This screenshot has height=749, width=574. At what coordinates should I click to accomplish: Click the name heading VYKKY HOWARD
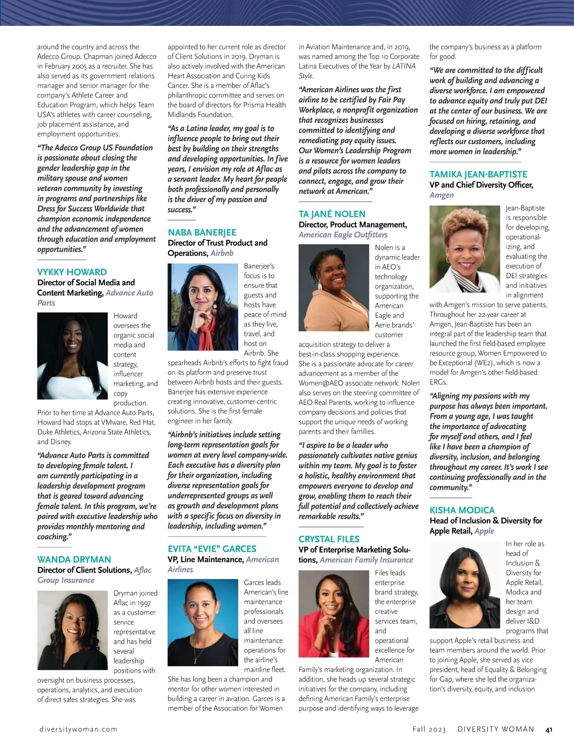click(x=72, y=272)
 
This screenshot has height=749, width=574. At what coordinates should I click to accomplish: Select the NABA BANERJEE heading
click(x=202, y=232)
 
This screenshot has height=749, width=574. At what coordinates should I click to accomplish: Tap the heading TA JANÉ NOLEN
click(x=331, y=214)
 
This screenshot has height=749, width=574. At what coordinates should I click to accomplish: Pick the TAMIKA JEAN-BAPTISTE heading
click(x=478, y=174)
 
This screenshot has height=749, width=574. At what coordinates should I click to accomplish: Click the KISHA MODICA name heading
click(x=462, y=510)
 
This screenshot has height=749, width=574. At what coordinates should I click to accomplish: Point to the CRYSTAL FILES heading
click(x=329, y=539)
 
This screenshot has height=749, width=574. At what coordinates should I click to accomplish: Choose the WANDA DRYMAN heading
click(x=74, y=559)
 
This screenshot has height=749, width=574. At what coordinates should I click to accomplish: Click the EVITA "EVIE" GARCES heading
click(x=211, y=549)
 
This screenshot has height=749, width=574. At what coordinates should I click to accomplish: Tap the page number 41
click(x=549, y=729)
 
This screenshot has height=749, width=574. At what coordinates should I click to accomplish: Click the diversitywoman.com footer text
click(x=78, y=729)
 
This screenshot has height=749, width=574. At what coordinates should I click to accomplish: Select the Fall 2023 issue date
click(x=429, y=729)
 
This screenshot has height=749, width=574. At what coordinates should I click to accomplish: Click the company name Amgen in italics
click(x=442, y=195)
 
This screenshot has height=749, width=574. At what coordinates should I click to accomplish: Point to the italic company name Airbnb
click(x=222, y=253)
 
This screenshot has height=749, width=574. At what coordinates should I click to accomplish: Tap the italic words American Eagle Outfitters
click(x=343, y=235)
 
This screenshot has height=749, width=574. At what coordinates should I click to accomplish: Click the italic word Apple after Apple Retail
click(x=484, y=531)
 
